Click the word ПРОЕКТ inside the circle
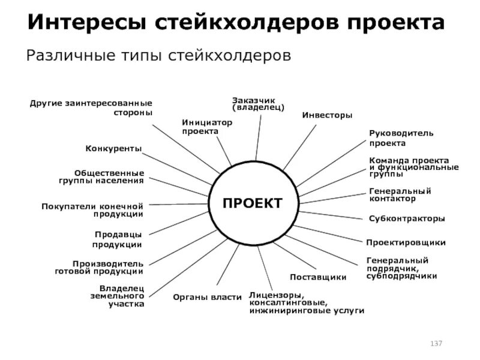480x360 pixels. click(x=252, y=203)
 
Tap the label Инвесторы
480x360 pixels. click(x=327, y=115)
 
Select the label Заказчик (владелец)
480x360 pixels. click(x=258, y=103)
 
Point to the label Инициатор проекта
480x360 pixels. click(x=206, y=127)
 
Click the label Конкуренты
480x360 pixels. click(x=113, y=148)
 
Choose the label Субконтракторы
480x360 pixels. click(x=407, y=218)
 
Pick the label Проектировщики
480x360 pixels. click(x=406, y=242)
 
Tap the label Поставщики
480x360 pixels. click(x=318, y=277)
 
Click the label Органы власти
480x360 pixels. click(x=207, y=296)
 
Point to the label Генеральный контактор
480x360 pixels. click(x=400, y=194)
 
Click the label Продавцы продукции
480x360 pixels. click(x=118, y=239)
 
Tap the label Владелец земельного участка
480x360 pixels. click(x=122, y=296)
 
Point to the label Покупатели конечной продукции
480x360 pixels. click(x=92, y=210)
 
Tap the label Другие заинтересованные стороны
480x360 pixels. click(x=91, y=108)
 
